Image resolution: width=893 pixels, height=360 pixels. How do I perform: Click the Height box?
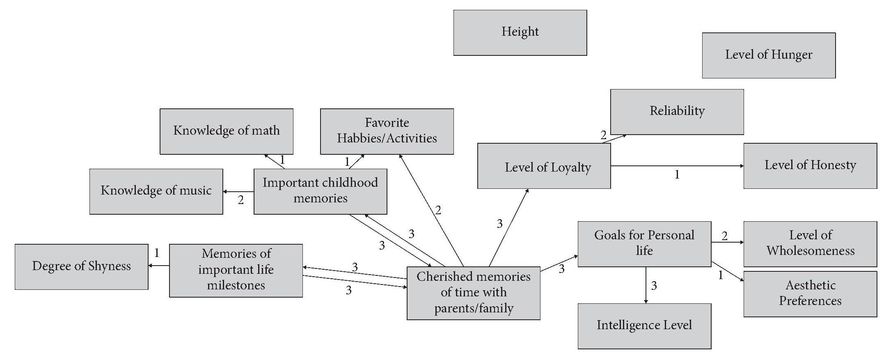coord(520,32)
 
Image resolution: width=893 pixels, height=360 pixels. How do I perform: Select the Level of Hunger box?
coord(769,55)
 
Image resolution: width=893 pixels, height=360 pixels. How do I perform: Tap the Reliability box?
coord(677,112)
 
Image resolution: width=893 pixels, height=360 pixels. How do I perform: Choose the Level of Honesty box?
coord(810,165)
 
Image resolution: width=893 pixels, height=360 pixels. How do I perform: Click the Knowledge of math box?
coord(226,131)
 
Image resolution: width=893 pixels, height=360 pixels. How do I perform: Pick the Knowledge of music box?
coord(156,191)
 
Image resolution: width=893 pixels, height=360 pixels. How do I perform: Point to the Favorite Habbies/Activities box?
coord(387,131)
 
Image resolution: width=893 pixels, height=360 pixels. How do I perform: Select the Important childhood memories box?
coord(320,191)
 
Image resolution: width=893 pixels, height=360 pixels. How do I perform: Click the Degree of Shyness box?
coord(81,267)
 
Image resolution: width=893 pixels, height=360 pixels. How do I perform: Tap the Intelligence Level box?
coord(644,326)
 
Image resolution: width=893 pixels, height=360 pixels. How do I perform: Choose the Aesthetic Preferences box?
coord(810,294)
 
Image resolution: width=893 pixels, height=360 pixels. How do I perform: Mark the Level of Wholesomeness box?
coord(810,244)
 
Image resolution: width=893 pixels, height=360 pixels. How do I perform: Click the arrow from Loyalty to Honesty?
coord(677,166)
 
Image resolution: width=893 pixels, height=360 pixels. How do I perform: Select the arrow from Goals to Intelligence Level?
coord(646,285)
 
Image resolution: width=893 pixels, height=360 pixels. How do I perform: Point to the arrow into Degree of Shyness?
coord(159,266)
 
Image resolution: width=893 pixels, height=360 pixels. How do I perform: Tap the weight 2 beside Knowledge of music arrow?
coord(241,200)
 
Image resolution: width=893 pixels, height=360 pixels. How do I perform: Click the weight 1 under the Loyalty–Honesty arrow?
coord(677,175)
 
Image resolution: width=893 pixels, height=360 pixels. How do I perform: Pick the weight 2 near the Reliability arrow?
coord(603,135)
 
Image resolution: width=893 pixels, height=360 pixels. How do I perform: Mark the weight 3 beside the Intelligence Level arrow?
coord(654,286)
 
